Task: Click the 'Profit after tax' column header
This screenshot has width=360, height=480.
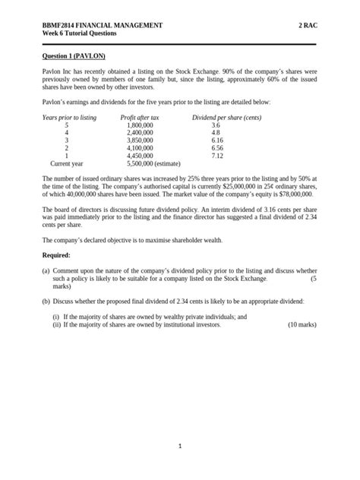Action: tap(141, 118)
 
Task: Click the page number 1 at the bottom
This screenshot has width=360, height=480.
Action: tap(180, 447)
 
